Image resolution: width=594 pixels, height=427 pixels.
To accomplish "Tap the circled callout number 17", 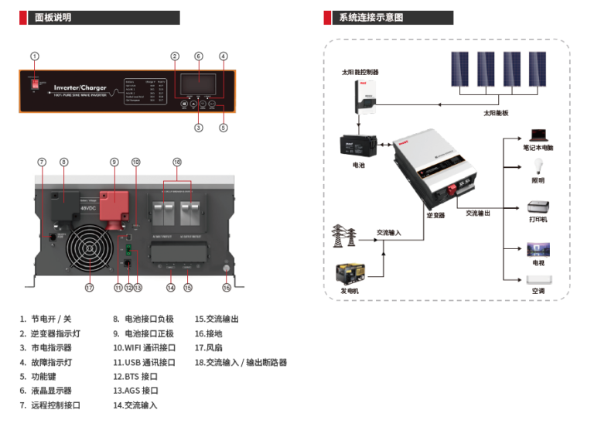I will (x=89, y=288).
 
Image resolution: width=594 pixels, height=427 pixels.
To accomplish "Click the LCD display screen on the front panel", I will (x=198, y=82).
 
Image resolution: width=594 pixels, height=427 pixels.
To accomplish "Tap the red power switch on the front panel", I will (x=35, y=84).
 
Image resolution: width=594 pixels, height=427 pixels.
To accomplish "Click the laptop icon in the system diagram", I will (x=538, y=135).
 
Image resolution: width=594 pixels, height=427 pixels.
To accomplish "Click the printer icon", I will (x=538, y=207).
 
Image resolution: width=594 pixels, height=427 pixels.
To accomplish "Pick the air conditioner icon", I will (x=538, y=279).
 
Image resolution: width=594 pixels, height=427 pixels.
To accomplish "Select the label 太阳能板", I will (x=496, y=113).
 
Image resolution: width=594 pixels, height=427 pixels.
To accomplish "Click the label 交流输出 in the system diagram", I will (x=478, y=213).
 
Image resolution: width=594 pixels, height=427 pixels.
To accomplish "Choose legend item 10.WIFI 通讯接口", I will (x=145, y=347).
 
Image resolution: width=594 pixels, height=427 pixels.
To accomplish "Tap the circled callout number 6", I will (x=198, y=56).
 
